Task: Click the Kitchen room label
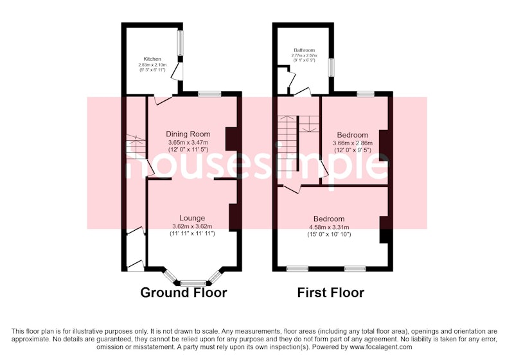tap(152, 59)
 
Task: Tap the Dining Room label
tap(188, 134)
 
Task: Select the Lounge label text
tap(192, 218)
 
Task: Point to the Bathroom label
tap(304, 51)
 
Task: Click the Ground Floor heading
tap(184, 292)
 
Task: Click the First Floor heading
tap(331, 292)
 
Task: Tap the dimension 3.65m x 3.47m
tap(188, 143)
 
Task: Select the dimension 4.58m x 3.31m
tap(329, 227)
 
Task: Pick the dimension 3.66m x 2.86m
tap(353, 143)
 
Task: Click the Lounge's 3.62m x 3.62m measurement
tap(192, 226)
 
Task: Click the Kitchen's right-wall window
tap(181, 43)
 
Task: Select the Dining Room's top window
tap(209, 94)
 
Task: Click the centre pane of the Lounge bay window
tap(193, 283)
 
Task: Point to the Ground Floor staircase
tap(136, 148)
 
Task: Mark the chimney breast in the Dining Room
tap(231, 139)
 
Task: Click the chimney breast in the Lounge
tap(233, 217)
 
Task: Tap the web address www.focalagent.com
tap(381, 346)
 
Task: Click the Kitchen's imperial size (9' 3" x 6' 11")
tap(152, 70)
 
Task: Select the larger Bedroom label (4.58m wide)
tap(329, 219)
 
